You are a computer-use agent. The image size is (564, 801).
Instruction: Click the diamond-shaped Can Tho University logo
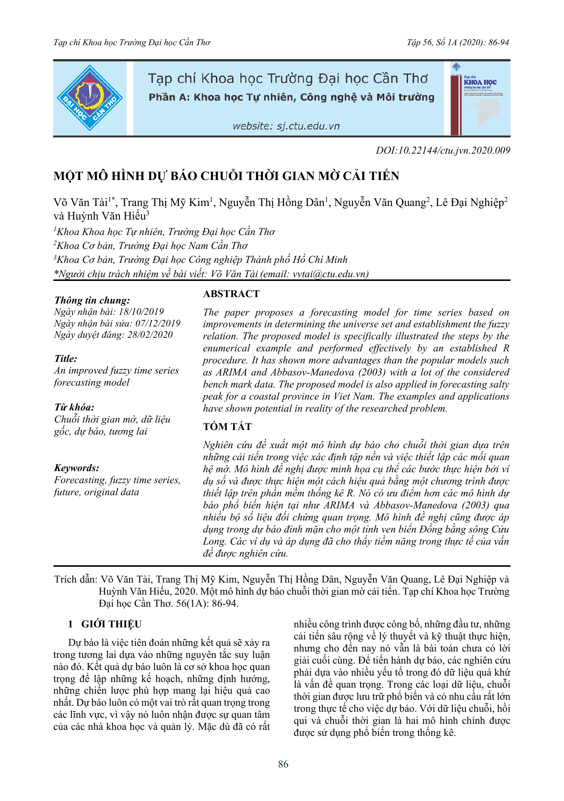click(x=90, y=98)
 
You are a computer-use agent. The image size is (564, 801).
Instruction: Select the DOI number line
click(x=443, y=151)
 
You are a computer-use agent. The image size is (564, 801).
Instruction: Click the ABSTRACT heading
click(x=231, y=294)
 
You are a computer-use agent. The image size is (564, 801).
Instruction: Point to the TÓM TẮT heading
click(x=227, y=427)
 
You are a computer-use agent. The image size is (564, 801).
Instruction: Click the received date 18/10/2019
click(x=141, y=312)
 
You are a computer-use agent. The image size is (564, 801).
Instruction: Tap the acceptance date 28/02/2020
click(x=150, y=335)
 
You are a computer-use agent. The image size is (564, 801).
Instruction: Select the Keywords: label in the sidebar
click(x=77, y=468)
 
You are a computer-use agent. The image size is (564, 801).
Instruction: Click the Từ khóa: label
click(x=74, y=407)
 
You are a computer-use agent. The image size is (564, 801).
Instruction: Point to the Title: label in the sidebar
click(x=66, y=359)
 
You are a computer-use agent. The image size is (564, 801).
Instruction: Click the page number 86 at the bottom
click(x=283, y=764)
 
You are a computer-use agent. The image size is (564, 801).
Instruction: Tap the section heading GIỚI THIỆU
click(x=111, y=624)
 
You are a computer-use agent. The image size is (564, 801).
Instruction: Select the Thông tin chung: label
click(x=92, y=301)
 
